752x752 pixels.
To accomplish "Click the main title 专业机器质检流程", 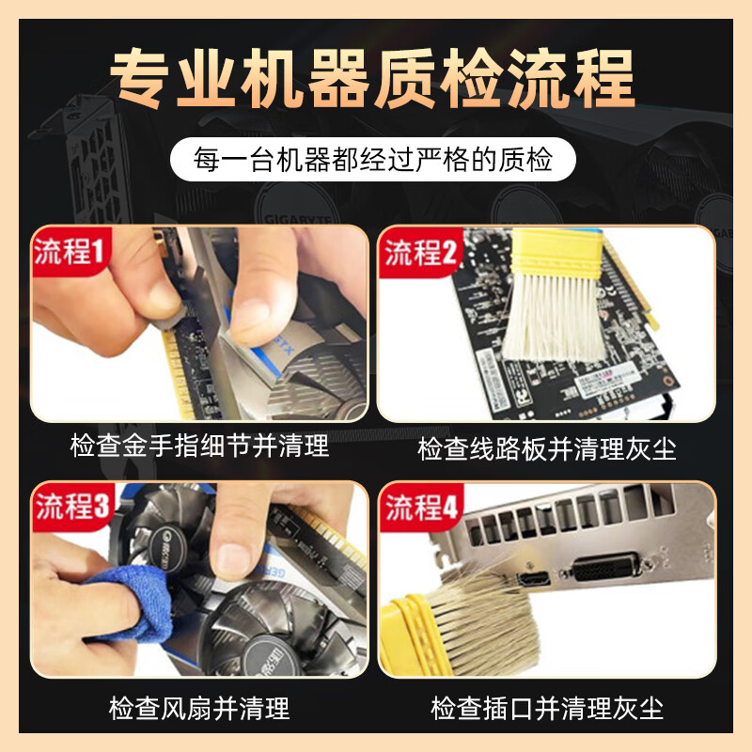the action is (373, 78).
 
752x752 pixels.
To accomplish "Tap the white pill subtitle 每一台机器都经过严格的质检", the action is (372, 159).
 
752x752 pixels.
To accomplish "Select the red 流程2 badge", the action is (419, 252).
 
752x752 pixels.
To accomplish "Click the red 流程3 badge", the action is (72, 506).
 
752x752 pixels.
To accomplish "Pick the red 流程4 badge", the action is (421, 507).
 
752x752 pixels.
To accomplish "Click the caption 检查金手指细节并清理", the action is (199, 446).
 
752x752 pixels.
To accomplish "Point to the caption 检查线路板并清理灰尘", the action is (547, 449).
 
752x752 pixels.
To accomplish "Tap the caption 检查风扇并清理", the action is (199, 708).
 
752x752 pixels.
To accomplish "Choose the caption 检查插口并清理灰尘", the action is (547, 708).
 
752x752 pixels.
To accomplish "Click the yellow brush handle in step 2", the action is (556, 252).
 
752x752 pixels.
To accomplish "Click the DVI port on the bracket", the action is (607, 568).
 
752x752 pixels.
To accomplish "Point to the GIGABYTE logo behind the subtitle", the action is (297, 219).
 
